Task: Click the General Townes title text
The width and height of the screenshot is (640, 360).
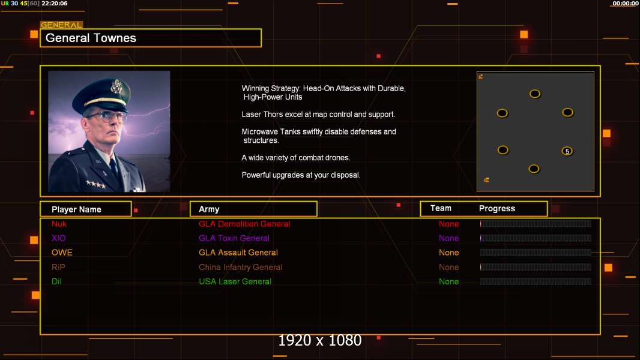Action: (x=91, y=38)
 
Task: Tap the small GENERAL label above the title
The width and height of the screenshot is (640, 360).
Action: (x=61, y=25)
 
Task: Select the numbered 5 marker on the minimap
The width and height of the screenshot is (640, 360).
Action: (x=567, y=151)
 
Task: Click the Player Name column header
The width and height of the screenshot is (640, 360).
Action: (x=76, y=209)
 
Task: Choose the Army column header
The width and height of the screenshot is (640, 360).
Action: (x=209, y=209)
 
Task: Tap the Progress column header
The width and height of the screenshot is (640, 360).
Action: (x=497, y=209)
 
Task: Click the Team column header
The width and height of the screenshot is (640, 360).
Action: (x=441, y=208)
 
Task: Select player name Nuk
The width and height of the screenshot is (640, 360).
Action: (x=59, y=224)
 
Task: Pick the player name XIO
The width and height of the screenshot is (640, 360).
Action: (x=59, y=238)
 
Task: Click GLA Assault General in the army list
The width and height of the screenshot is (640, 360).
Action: (x=238, y=253)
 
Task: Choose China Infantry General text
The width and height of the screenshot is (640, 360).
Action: (x=241, y=267)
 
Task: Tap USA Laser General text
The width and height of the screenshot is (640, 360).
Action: (x=235, y=281)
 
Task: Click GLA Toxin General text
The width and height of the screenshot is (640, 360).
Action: (x=234, y=238)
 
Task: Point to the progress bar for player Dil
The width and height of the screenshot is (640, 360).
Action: (x=536, y=281)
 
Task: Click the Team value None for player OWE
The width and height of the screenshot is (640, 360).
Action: (x=448, y=253)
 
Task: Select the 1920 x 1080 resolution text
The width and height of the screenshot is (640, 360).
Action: (x=320, y=341)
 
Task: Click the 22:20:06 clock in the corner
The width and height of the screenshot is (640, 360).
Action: (x=55, y=4)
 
